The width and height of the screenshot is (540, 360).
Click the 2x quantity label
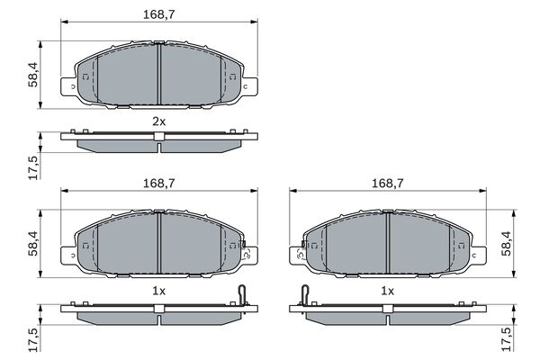click(x=159, y=121)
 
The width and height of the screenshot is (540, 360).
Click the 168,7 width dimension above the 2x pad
click(x=159, y=14)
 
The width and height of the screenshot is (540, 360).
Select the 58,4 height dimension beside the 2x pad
click(x=33, y=75)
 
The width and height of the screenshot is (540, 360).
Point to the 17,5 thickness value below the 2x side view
click(x=33, y=167)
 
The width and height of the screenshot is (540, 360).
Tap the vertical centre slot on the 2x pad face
click(x=159, y=74)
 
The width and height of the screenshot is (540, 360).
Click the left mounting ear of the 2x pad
click(x=68, y=86)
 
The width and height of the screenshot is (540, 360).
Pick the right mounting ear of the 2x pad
click(x=249, y=86)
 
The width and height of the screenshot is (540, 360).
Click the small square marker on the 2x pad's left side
click(x=85, y=76)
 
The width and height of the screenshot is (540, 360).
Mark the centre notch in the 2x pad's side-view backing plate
click(x=159, y=137)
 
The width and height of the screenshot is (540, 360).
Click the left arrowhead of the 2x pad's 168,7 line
click(x=64, y=22)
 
